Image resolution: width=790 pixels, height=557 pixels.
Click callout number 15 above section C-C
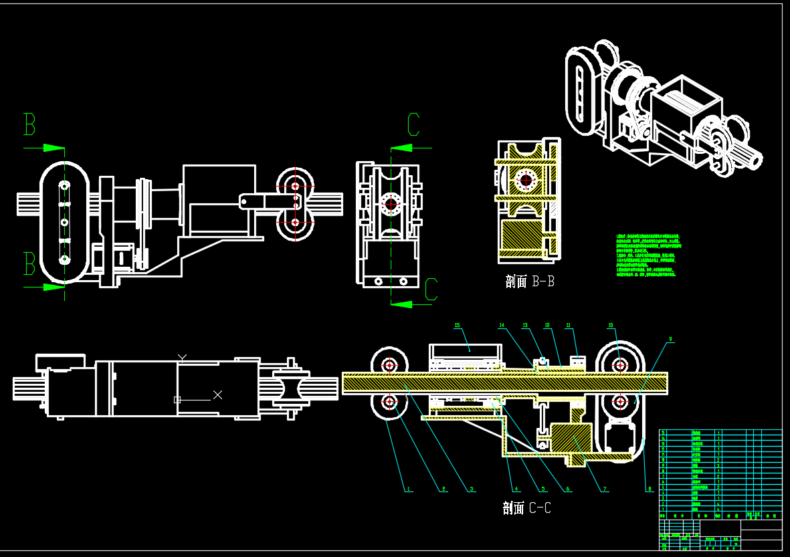(x=458, y=326)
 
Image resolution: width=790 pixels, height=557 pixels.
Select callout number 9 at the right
(x=670, y=339)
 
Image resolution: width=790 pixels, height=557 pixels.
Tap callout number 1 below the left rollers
(x=408, y=489)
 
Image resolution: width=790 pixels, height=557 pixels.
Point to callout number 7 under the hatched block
(x=605, y=489)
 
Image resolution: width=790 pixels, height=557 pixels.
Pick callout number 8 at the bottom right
(x=650, y=489)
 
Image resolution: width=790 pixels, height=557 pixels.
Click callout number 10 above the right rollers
(x=610, y=326)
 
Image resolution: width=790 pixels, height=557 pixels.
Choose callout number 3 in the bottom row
(x=472, y=489)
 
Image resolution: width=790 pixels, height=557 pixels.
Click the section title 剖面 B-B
(x=530, y=282)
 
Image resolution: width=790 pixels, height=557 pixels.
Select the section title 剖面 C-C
(x=526, y=508)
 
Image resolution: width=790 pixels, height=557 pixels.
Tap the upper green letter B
(x=29, y=125)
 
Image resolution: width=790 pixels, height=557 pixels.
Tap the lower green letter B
(x=29, y=264)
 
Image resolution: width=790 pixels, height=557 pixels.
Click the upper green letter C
(x=413, y=125)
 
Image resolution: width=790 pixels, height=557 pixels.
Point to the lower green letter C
(x=431, y=289)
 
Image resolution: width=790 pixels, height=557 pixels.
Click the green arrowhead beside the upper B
(x=54, y=147)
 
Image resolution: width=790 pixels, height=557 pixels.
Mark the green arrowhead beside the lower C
(x=401, y=304)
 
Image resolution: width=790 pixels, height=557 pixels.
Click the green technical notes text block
(x=647, y=255)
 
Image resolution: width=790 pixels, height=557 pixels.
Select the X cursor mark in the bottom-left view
(x=217, y=395)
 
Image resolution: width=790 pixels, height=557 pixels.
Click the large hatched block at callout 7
(x=570, y=440)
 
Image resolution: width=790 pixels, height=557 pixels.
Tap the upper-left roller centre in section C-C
(x=390, y=365)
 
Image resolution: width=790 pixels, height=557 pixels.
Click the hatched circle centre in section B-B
(x=526, y=179)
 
